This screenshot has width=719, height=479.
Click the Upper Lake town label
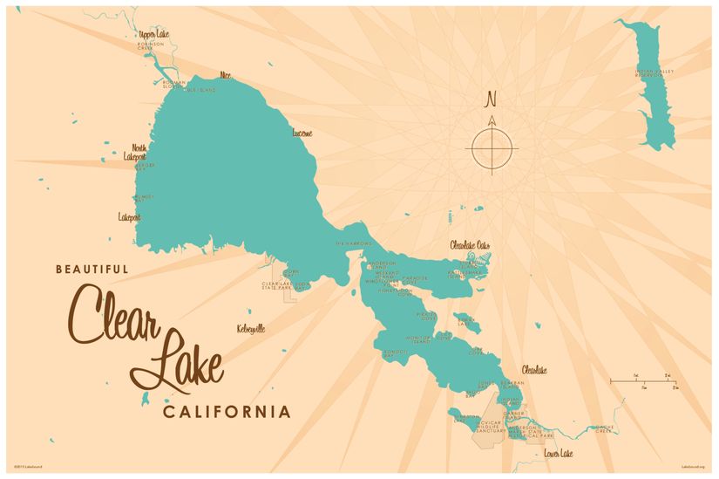click(153, 34)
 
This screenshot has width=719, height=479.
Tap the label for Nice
click(227, 75)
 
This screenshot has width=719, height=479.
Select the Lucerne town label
click(302, 133)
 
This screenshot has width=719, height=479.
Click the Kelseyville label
click(250, 329)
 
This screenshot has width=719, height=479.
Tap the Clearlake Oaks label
click(471, 245)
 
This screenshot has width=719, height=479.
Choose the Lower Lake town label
click(557, 454)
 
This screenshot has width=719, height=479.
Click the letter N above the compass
click(491, 99)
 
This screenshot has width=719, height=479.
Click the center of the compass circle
click(492, 147)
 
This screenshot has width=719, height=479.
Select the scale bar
click(643, 380)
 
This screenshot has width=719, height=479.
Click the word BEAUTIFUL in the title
click(92, 270)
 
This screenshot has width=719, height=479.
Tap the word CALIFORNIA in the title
click(227, 411)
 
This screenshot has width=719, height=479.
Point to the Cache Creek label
click(602, 429)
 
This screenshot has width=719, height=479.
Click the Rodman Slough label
click(174, 84)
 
